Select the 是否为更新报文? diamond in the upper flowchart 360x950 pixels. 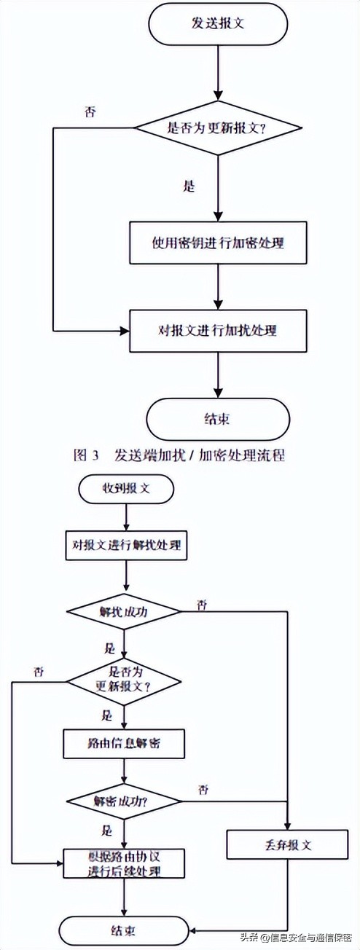[x=217, y=127]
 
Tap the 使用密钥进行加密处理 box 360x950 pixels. [x=217, y=243]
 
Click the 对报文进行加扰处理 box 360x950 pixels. [x=217, y=331]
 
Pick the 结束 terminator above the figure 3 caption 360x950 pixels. [x=217, y=419]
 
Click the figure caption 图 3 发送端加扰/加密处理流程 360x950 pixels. [x=179, y=456]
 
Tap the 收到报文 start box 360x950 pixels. [x=126, y=489]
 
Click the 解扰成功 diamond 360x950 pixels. [x=123, y=611]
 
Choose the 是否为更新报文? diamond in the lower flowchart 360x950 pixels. [x=124, y=680]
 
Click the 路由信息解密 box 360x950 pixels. [x=124, y=745]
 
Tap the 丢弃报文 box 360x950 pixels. [x=287, y=845]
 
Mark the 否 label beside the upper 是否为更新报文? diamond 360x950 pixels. [x=90, y=113]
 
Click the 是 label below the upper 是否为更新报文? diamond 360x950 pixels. [x=189, y=187]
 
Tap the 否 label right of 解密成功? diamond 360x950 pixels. [x=203, y=790]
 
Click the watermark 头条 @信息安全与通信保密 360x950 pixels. [x=297, y=937]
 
